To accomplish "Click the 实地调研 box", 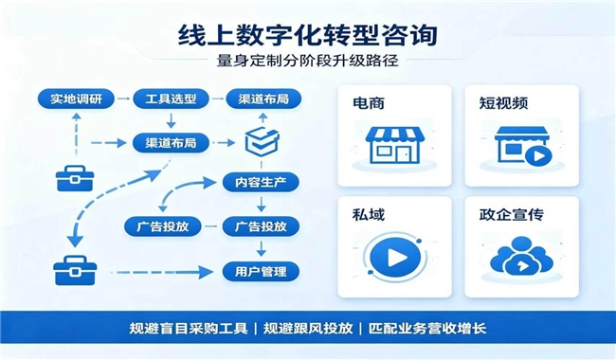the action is (76, 99).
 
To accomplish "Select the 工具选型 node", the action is (171, 99).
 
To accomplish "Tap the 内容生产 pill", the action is (261, 183).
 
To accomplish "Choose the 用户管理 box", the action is (261, 272).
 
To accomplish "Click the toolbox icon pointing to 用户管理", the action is (75, 271).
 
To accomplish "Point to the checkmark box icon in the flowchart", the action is (262, 141).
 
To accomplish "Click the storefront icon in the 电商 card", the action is (395, 144).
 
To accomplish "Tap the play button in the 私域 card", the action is (395, 258).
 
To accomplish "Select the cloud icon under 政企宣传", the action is (522, 256).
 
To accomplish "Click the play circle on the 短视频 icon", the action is (538, 156).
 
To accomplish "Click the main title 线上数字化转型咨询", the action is (308, 35).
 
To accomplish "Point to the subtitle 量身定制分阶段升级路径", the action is (308, 61).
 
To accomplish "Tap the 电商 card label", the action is (369, 103).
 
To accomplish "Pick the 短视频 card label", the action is (503, 103).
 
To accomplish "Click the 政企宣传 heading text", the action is (512, 215).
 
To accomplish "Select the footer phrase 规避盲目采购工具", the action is (189, 328).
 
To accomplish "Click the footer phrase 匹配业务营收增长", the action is (427, 328).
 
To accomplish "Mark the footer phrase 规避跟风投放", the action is (308, 328).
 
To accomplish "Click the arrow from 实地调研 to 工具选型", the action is (123, 99).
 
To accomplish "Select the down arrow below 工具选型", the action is (171, 120).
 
